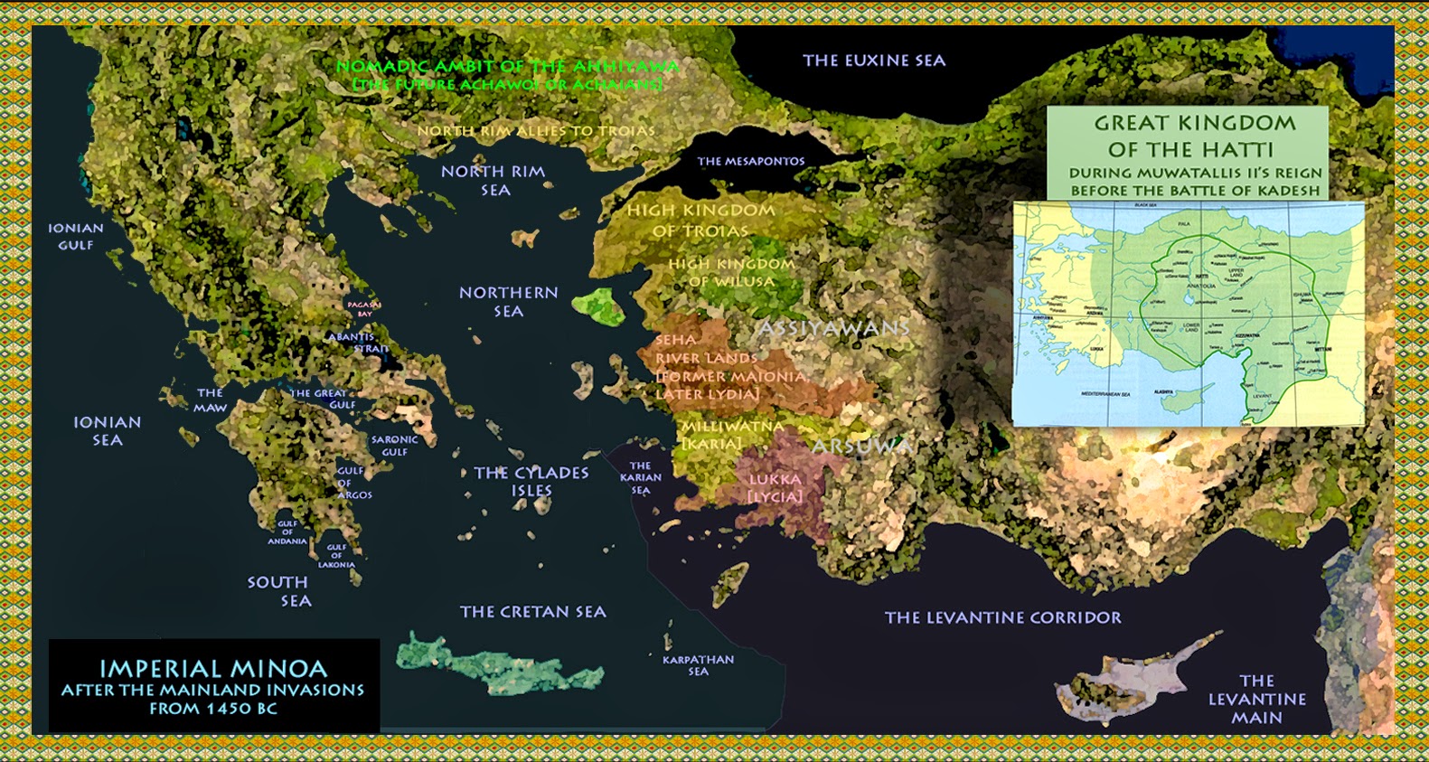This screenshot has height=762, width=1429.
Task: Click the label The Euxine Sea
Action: [873, 61]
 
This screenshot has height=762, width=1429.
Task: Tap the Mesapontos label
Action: [750, 161]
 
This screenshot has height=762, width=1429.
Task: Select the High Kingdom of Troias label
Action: [700, 220]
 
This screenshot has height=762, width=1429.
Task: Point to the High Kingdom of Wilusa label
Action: [731, 272]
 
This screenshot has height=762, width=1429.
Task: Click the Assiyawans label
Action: [832, 328]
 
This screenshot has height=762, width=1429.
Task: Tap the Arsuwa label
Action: [861, 447]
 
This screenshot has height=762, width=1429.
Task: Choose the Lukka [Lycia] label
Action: [775, 488]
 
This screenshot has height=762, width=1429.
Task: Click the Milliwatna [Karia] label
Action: [732, 434]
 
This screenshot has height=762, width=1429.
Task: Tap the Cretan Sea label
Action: [532, 612]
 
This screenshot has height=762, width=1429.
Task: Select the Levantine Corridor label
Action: [1002, 617]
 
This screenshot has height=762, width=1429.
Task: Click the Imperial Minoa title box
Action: [213, 687]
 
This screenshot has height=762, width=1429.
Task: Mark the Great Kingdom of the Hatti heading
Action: [1194, 136]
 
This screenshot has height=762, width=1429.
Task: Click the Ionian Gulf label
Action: [76, 236]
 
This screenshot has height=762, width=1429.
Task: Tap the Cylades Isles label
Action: [531, 481]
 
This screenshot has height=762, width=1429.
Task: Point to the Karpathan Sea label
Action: [698, 665]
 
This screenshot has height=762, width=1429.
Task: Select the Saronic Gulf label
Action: [394, 446]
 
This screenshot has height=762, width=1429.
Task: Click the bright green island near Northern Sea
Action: [602, 306]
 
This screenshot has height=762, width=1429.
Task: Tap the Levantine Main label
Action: [1256, 699]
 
